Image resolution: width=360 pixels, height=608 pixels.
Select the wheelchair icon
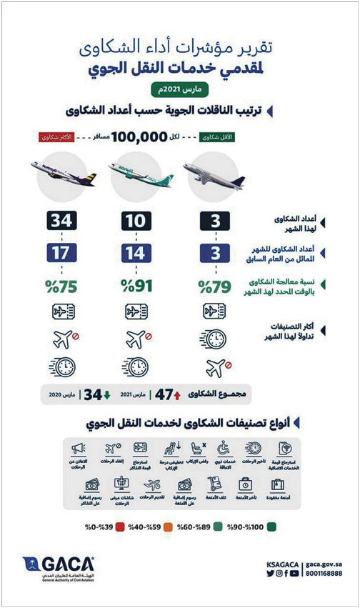(x=223, y=449)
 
